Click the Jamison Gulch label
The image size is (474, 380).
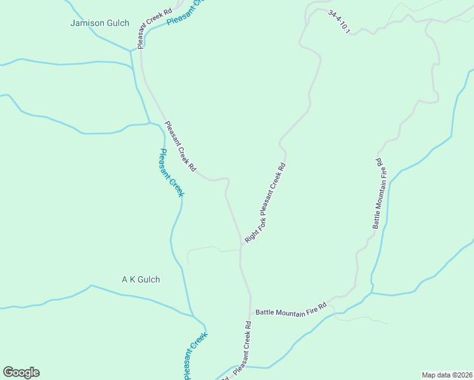(100, 23)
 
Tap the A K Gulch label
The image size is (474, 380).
(141, 279)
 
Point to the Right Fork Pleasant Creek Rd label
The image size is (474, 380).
(266, 203)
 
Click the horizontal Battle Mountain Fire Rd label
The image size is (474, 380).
(290, 309)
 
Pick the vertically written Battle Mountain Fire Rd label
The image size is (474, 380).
(380, 193)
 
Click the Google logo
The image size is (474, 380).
(21, 372)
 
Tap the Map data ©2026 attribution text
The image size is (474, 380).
(447, 375)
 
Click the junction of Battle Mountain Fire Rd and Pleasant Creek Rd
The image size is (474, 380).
(251, 313)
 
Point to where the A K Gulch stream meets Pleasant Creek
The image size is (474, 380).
(192, 314)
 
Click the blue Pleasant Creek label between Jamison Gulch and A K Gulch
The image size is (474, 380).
(171, 172)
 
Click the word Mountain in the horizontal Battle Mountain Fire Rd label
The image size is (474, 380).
(295, 308)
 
